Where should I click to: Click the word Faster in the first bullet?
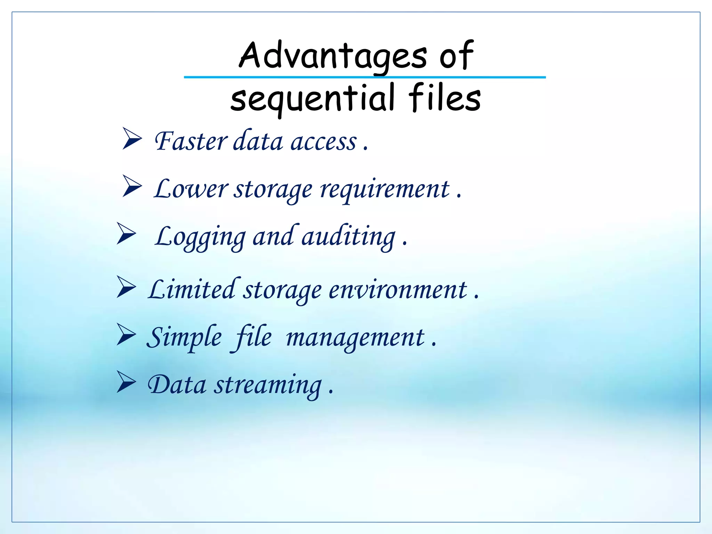(x=191, y=141)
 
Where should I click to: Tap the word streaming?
(x=268, y=386)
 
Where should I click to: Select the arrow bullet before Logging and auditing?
(x=126, y=234)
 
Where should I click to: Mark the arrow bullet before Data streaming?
(x=126, y=382)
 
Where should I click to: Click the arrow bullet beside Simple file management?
(x=126, y=334)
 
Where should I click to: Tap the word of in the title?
(x=456, y=56)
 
